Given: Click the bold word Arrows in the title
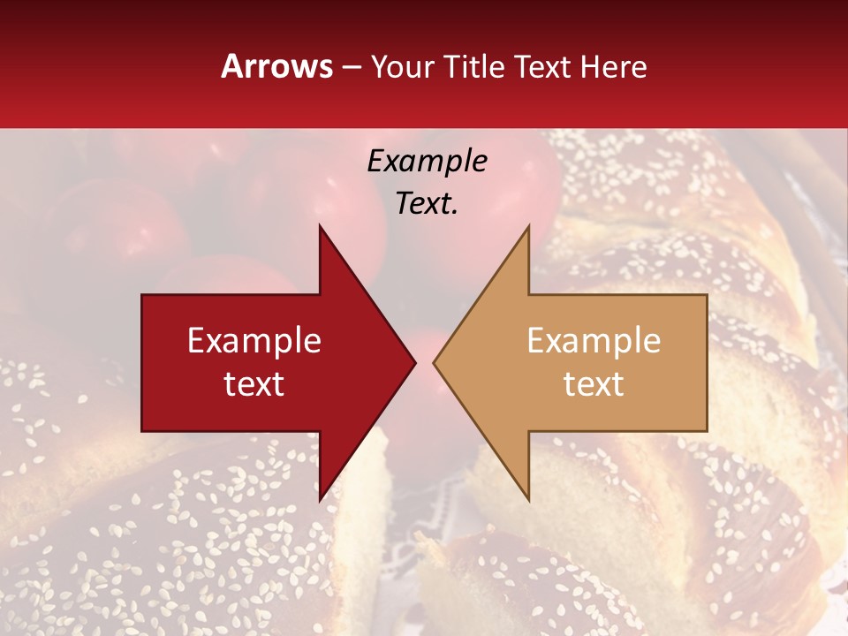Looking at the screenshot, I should tap(277, 66).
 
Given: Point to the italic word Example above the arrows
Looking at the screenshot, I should tap(428, 161).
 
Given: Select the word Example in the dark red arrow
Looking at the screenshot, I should tap(254, 341).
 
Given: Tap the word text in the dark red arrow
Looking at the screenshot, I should tap(254, 383).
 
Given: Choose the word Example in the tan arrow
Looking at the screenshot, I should tap(594, 341).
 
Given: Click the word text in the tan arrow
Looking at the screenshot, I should tap(594, 383).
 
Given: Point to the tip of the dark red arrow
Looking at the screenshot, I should tap(415, 362).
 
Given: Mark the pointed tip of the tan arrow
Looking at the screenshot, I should tap(434, 362).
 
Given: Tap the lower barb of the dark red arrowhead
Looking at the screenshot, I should tap(320, 500).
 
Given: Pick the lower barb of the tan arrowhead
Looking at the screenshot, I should tap(528, 500).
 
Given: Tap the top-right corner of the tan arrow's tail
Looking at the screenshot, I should tap(707, 295).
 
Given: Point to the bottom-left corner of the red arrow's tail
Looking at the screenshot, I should tap(142, 431).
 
